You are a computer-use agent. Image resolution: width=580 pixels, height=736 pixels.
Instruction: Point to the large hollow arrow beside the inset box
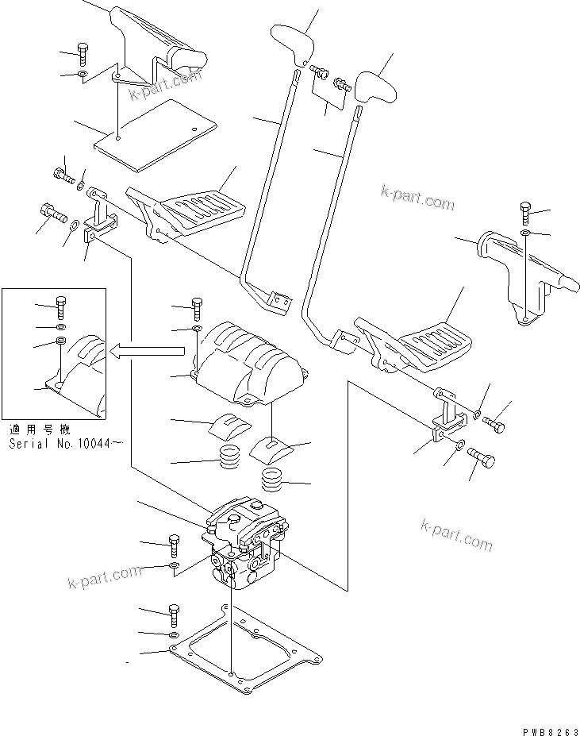coord(151,349)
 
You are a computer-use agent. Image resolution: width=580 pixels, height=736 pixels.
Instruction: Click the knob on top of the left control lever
coord(291,45)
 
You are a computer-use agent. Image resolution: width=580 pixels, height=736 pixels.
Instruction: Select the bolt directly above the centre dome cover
coord(196,305)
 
